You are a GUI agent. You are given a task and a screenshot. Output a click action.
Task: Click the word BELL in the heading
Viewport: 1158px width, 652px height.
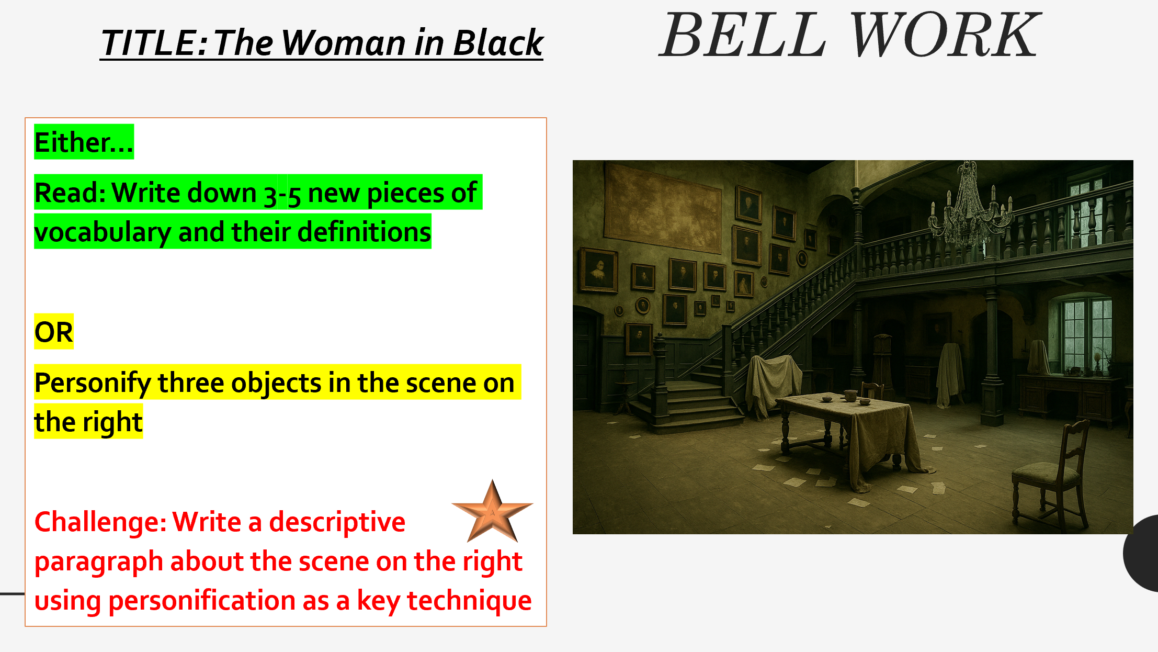coord(743,36)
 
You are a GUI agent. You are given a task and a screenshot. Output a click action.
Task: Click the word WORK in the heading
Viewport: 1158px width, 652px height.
coord(945,36)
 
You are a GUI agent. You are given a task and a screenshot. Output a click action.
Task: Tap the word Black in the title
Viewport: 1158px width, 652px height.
coord(498,43)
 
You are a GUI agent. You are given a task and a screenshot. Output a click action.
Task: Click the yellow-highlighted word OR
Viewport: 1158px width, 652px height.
coord(54,332)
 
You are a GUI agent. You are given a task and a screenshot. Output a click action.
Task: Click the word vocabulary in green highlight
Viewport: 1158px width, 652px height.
coord(102,232)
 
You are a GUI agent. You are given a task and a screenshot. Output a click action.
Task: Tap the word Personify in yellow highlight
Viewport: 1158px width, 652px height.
coord(93,383)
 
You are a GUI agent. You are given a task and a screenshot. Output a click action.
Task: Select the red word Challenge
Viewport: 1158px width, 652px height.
coord(100,522)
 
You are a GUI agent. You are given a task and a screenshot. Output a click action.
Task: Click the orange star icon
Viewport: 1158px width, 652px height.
coord(492,512)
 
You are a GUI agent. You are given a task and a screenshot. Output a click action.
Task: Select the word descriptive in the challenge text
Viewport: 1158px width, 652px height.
coord(337,522)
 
